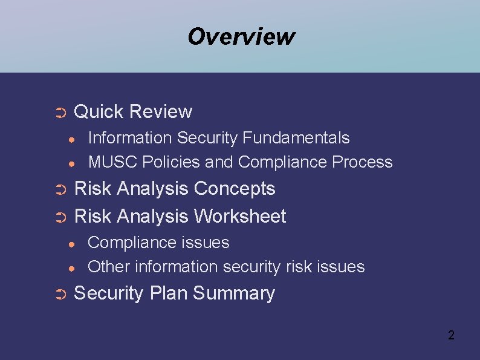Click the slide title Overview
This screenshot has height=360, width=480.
pyautogui.click(x=241, y=36)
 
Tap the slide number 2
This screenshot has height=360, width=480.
pyautogui.click(x=450, y=335)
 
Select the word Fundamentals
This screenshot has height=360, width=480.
pyautogui.click(x=296, y=138)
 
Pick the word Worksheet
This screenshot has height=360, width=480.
pyautogui.click(x=240, y=216)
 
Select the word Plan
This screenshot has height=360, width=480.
pyautogui.click(x=169, y=293)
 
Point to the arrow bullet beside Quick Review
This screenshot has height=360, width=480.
pyautogui.click(x=60, y=113)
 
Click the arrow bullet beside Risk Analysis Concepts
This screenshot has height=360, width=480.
pyautogui.click(x=60, y=190)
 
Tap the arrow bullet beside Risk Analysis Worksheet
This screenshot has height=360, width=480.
pyautogui.click(x=60, y=217)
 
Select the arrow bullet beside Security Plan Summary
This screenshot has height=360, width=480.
pyautogui.click(x=60, y=295)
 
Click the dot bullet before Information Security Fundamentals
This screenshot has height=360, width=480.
pyautogui.click(x=71, y=139)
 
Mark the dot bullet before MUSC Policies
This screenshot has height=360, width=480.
pyautogui.click(x=71, y=163)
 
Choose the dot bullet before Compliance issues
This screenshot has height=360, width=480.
pyautogui.click(x=71, y=244)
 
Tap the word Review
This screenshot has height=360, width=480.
pyautogui.click(x=160, y=112)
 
